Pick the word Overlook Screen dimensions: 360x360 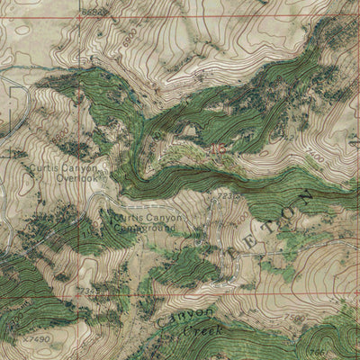coord(75,178)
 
